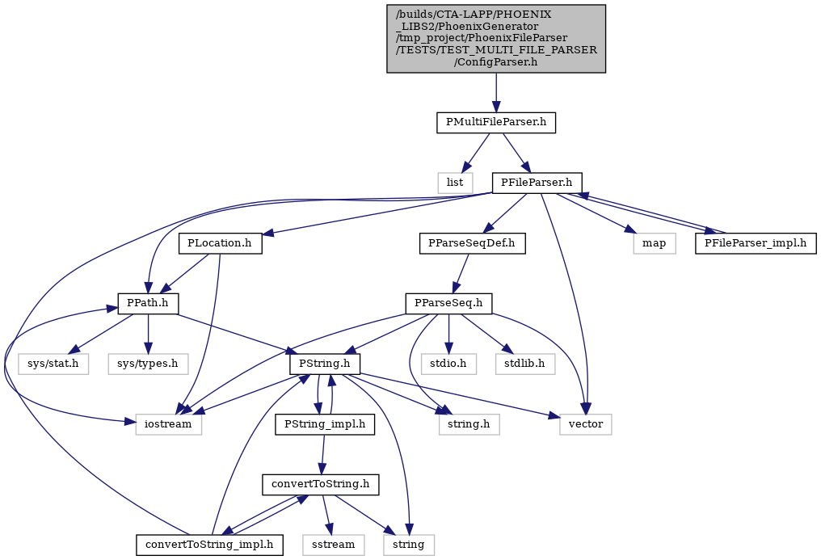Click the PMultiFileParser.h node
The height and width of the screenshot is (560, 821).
point(496,123)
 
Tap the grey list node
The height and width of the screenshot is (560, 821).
point(454,183)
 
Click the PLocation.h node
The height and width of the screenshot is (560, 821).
point(220,244)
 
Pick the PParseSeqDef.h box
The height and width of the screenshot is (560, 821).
point(472,244)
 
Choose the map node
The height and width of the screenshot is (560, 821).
point(654,244)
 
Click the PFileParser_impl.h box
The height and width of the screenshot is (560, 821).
point(756,244)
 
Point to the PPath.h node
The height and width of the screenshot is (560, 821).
point(149,304)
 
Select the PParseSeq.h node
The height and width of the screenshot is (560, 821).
point(448,304)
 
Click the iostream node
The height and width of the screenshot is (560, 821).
point(169,424)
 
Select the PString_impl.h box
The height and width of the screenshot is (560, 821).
point(325,424)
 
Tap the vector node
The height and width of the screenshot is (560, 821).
point(585,424)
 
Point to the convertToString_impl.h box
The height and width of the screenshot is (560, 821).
point(209,545)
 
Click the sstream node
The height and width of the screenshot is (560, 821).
point(333,545)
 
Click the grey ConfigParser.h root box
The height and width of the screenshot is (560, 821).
point(496,39)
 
